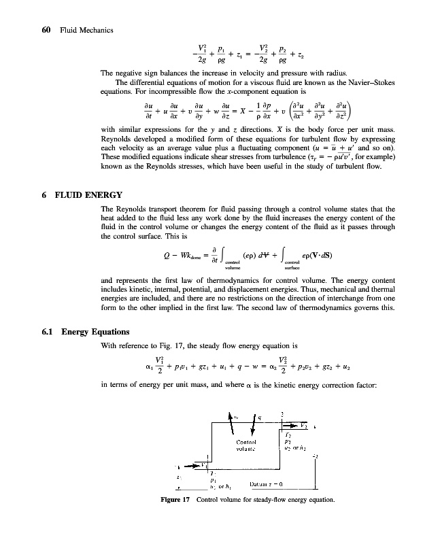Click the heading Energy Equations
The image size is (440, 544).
click(95, 332)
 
